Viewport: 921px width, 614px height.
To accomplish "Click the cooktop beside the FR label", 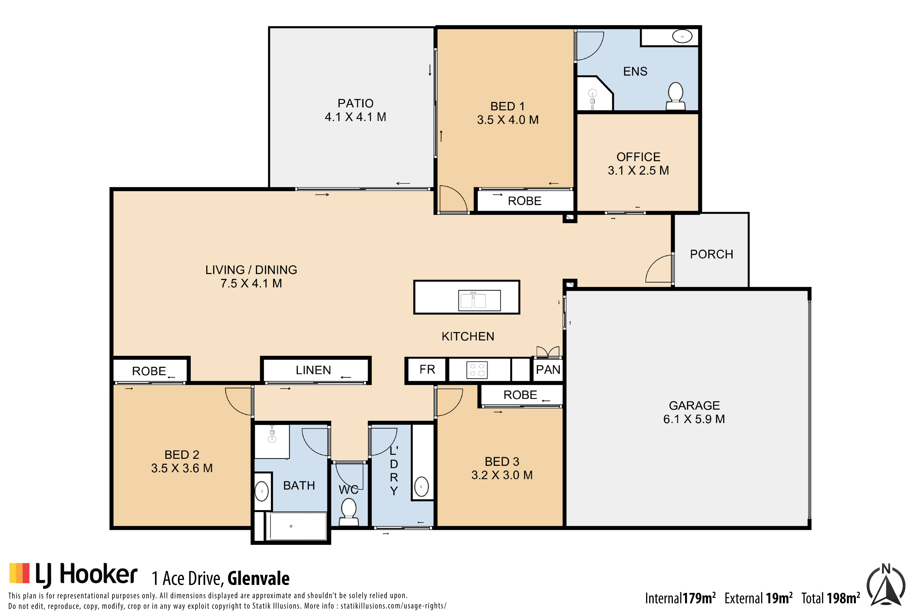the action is [477, 370].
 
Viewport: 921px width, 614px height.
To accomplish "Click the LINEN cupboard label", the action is [313, 370].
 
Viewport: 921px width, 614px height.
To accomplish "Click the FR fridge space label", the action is [427, 369].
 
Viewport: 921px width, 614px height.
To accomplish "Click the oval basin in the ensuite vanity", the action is [682, 36].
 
